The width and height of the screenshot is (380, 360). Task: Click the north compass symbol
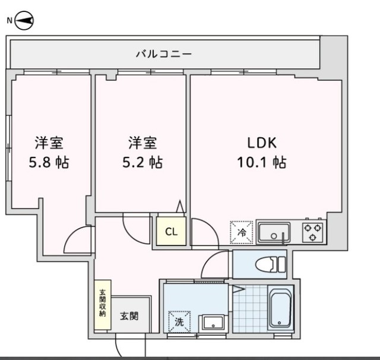coord(24,21)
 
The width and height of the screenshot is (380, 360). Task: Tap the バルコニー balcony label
coord(164,53)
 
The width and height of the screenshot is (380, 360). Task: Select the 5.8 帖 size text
coord(49,162)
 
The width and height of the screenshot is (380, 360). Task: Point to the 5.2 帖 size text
coord(142,162)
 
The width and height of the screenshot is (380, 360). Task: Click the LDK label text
coord(262,143)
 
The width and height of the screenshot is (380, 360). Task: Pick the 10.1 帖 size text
coord(262,162)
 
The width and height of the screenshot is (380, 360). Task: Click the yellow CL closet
coord(172,231)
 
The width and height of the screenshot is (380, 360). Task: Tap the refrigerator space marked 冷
coord(242,232)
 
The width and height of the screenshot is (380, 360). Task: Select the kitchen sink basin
coord(274,232)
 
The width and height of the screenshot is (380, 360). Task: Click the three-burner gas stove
coord(313,232)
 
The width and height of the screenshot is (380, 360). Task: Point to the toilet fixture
coord(271,264)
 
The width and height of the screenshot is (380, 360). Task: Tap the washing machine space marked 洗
coord(179,322)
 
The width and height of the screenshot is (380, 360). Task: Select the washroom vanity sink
coord(213,323)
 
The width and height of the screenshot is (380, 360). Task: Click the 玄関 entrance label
coord(129,316)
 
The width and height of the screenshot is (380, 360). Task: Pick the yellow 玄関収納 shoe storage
coord(103,305)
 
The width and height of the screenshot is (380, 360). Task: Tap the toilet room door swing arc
coord(209,260)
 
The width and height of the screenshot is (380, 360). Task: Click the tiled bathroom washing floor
coord(250,308)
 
